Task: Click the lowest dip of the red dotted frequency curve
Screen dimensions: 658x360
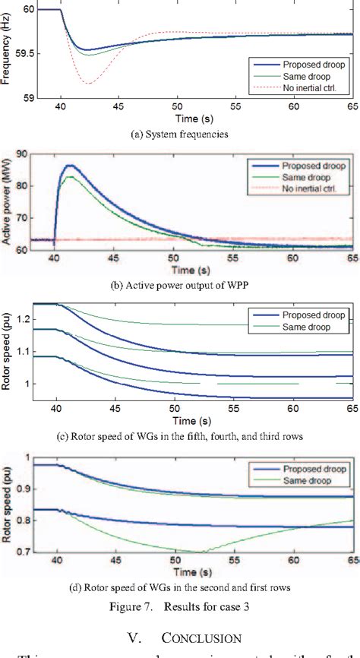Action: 89,84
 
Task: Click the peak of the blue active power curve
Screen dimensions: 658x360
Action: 71,165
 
